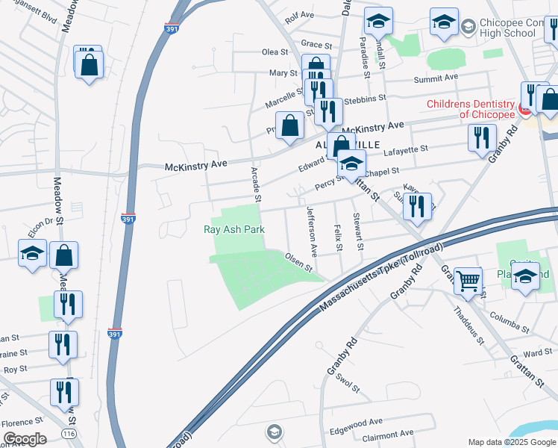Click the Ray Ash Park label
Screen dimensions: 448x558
235,229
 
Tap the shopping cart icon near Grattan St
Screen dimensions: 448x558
468,281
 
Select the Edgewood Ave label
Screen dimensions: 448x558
356,422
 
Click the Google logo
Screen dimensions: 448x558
25,439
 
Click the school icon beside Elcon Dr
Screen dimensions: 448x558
33,253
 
